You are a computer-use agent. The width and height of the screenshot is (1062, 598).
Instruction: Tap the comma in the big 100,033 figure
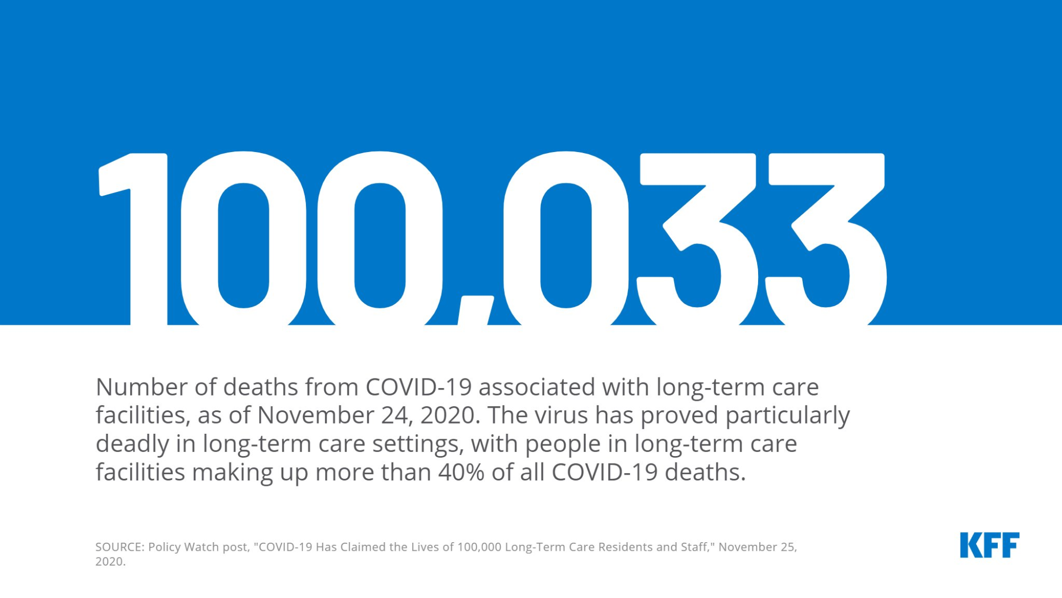(x=476, y=310)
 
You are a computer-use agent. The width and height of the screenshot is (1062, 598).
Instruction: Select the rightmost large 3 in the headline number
(x=826, y=239)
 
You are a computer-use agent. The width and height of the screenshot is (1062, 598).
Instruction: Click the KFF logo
(x=989, y=545)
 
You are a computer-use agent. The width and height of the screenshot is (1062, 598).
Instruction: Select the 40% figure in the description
(x=461, y=472)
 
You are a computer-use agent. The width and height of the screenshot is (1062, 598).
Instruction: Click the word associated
(x=537, y=387)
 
